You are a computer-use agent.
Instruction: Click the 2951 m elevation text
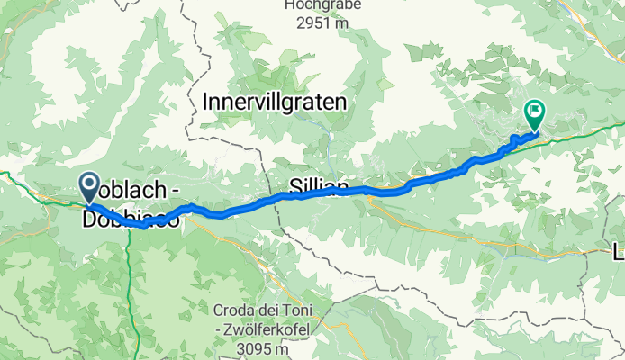point(315,23)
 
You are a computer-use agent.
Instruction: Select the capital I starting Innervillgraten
point(208,103)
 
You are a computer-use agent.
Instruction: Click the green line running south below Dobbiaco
point(131,288)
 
